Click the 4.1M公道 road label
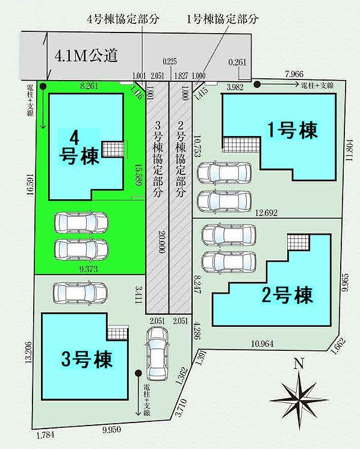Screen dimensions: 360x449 click(86, 55)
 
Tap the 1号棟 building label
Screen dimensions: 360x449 click(292, 130)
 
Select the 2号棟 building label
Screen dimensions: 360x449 click(287, 296)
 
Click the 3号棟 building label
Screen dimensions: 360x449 click(87, 359)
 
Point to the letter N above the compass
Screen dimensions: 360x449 click(299, 364)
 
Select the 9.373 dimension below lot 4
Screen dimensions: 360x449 click(88, 269)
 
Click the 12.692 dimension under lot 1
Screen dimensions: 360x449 click(266, 212)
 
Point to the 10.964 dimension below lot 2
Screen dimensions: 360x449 click(262, 343)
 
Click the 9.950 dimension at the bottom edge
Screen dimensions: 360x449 click(111, 429)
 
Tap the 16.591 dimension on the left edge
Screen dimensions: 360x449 click(30, 185)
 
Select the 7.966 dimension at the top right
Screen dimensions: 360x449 click(294, 74)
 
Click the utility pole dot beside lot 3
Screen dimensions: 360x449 click(138, 373)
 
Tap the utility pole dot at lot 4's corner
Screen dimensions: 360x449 click(43, 85)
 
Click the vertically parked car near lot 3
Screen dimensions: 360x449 click(157, 354)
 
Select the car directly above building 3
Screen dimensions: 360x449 click(81, 293)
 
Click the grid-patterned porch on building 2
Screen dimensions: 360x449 click(298, 242)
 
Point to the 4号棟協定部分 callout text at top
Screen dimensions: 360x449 click(123, 19)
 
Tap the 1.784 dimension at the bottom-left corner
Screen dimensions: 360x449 click(45, 435)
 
